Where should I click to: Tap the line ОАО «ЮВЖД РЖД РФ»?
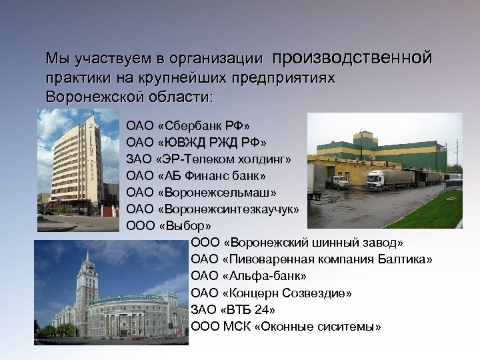[197, 142]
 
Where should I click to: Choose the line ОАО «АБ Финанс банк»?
[196, 176]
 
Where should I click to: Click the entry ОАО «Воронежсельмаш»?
[201, 193]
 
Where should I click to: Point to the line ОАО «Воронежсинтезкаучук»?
[212, 209]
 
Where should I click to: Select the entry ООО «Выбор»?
[169, 226]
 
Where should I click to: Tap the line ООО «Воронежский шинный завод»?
[297, 242]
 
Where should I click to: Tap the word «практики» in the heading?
[73, 78]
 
